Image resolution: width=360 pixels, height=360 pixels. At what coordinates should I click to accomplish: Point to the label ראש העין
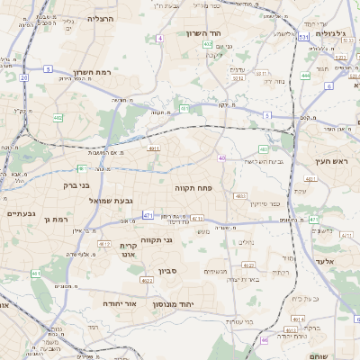pos(332,161)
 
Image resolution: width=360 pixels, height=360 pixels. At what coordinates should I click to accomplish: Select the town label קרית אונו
pos(128,250)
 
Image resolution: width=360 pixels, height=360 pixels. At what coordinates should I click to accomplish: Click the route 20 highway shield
pos(23,77)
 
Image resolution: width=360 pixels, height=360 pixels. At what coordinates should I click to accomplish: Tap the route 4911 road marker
pos(155,148)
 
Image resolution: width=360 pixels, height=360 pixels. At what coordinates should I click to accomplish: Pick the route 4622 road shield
pos(147,281)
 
